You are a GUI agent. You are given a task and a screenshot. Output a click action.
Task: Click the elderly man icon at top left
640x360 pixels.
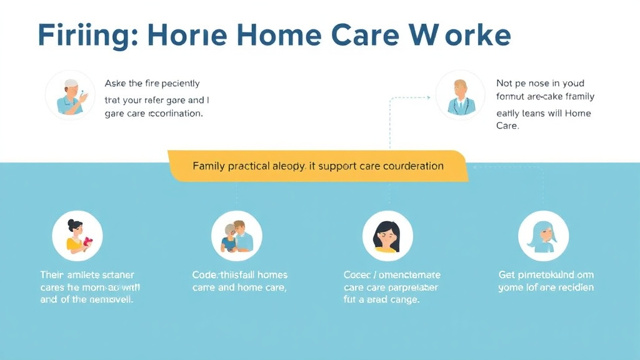[70, 96]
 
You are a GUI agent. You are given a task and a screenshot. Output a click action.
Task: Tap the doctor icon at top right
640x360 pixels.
[461, 96]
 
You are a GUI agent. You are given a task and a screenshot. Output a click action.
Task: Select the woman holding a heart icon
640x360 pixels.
[77, 236]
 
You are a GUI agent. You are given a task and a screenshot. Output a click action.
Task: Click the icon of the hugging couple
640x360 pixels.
[237, 236]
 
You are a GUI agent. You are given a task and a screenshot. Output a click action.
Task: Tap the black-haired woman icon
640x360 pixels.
[388, 236]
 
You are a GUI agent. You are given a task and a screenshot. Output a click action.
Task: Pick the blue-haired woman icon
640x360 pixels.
[543, 236]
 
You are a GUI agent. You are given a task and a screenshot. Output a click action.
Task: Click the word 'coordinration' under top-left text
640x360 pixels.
[174, 114]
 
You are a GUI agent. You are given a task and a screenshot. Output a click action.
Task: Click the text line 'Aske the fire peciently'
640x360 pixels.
[152, 83]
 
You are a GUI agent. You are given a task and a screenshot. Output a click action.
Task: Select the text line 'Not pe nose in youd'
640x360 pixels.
[539, 83]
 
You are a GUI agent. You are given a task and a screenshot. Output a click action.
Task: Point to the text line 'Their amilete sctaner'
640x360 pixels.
[87, 274]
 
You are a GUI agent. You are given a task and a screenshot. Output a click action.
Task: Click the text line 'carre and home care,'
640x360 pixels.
[239, 287]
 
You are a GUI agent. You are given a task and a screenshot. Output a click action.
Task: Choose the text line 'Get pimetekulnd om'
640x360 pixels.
[546, 274]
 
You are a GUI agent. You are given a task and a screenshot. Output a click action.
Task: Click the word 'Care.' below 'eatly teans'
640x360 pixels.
[507, 126]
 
